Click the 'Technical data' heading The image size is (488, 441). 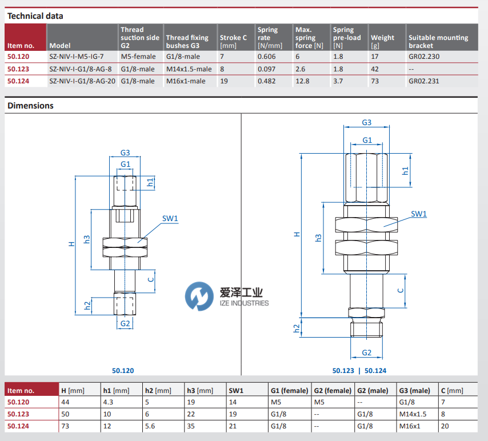click(35, 16)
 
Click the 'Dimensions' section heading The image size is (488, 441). click(30, 106)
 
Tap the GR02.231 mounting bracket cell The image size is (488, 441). click(424, 81)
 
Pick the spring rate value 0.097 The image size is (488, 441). click(266, 69)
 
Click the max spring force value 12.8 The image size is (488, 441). click(302, 81)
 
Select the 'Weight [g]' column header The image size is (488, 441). click(382, 38)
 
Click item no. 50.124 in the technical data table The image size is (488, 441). click(18, 81)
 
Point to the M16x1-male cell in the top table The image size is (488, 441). click(185, 81)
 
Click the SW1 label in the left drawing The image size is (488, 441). click(170, 218)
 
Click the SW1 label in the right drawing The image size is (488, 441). click(419, 214)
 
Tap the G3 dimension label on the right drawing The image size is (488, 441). click(367, 122)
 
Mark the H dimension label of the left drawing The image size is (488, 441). click(71, 244)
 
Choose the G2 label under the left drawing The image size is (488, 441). click(125, 323)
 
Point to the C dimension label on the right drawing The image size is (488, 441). click(401, 290)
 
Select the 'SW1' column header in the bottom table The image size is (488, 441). click(237, 391)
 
